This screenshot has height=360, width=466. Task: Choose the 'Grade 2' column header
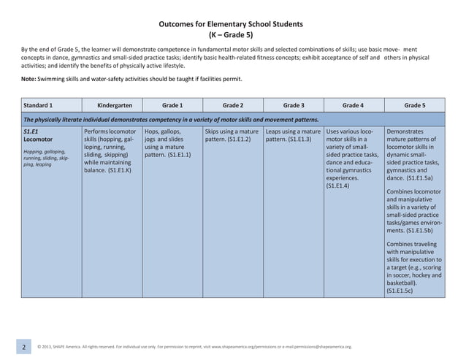pos(232,104)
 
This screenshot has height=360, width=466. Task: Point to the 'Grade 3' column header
pos(293,104)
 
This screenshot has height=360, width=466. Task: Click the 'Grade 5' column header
pos(414,104)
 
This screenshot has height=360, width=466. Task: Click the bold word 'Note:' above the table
pos(30,79)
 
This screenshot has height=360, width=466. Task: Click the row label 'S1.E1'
pos(32,130)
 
